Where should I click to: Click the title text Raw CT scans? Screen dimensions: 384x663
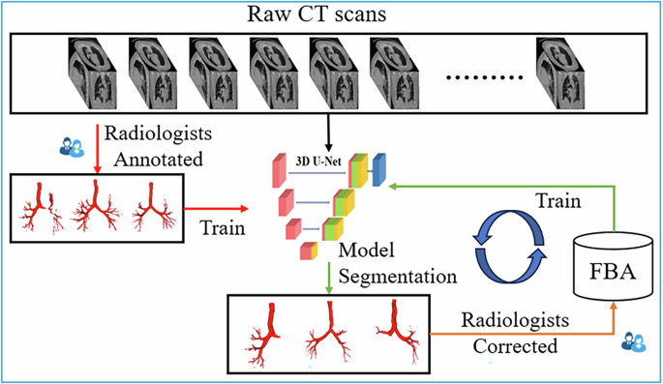point(330,15)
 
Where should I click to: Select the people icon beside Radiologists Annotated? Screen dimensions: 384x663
point(74,147)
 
